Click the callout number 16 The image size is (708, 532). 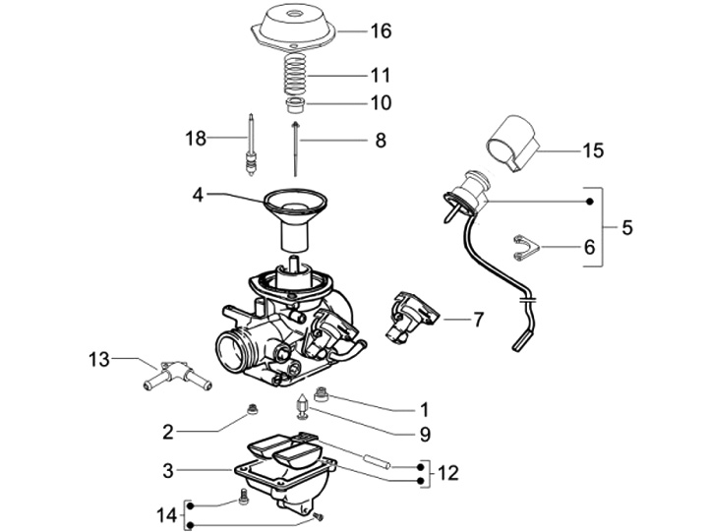pyautogui.click(x=381, y=31)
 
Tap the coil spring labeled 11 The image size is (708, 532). pyautogui.click(x=294, y=76)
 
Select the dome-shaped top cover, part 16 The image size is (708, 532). pyautogui.click(x=293, y=27)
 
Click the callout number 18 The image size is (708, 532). pyautogui.click(x=196, y=139)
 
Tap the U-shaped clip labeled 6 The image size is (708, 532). pyautogui.click(x=526, y=248)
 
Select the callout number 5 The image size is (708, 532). pyautogui.click(x=626, y=227)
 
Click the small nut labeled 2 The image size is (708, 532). pyautogui.click(x=254, y=410)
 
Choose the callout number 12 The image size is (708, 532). pyautogui.click(x=448, y=473)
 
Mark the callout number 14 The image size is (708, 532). pyautogui.click(x=166, y=515)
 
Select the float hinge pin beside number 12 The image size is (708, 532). pyautogui.click(x=377, y=460)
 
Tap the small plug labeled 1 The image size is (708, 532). pyautogui.click(x=321, y=393)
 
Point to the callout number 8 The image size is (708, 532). pyautogui.click(x=381, y=141)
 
